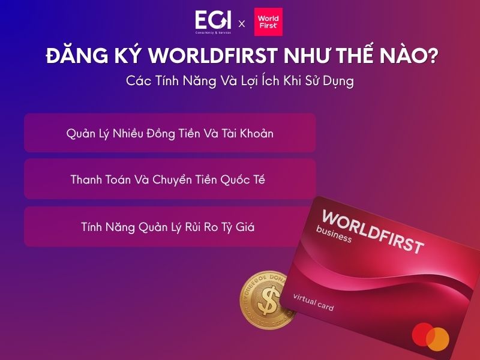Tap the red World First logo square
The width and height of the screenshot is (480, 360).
tap(268, 22)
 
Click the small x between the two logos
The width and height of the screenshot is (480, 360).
tap(242, 24)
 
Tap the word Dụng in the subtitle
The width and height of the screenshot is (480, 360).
tap(337, 82)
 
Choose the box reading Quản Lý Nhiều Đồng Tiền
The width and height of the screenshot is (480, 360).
tap(170, 133)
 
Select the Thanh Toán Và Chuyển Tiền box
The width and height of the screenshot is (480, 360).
tap(170, 179)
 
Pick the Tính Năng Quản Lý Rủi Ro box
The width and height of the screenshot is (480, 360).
tap(170, 227)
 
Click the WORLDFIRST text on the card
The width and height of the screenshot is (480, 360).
tap(373, 231)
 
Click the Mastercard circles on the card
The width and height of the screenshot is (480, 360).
tap(430, 336)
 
